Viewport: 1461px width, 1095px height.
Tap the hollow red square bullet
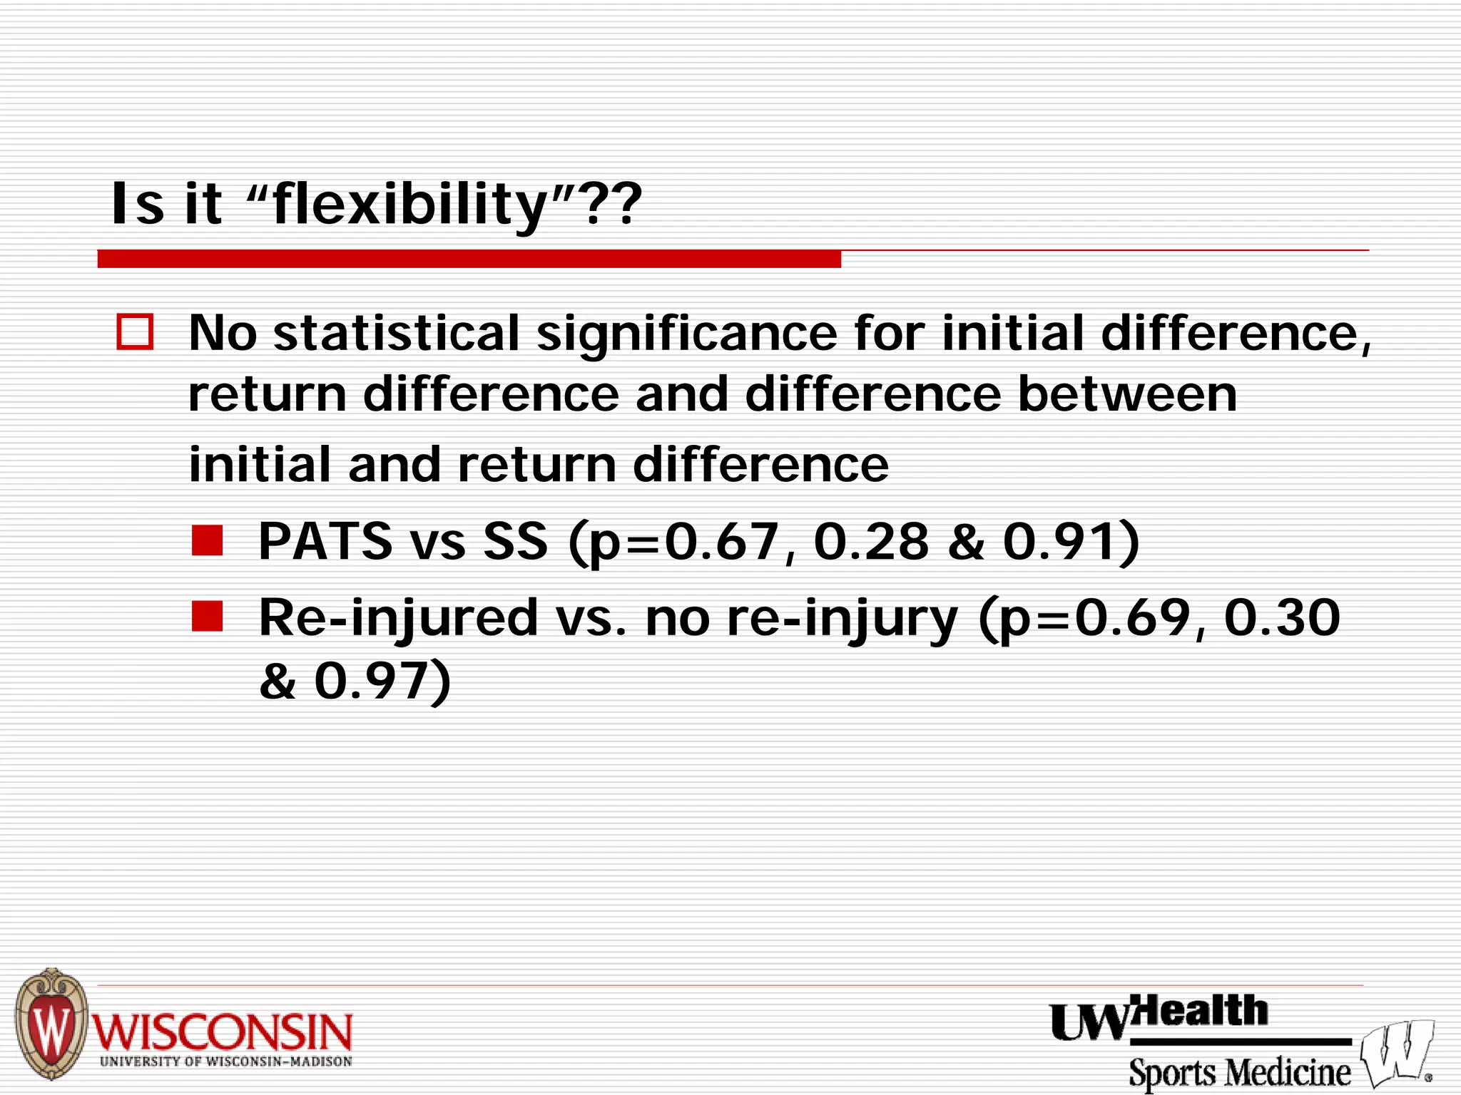point(135,332)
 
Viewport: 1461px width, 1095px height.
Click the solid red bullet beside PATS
point(208,540)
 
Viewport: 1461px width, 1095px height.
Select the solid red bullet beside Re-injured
point(208,617)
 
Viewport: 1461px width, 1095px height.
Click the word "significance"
point(686,334)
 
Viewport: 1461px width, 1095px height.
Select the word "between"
point(1127,394)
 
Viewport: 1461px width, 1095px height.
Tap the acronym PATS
point(325,541)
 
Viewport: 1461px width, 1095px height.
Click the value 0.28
point(871,541)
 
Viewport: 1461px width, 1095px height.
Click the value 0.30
point(1282,617)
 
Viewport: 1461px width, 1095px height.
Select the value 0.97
point(371,680)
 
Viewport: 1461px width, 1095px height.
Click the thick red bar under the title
point(469,259)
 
